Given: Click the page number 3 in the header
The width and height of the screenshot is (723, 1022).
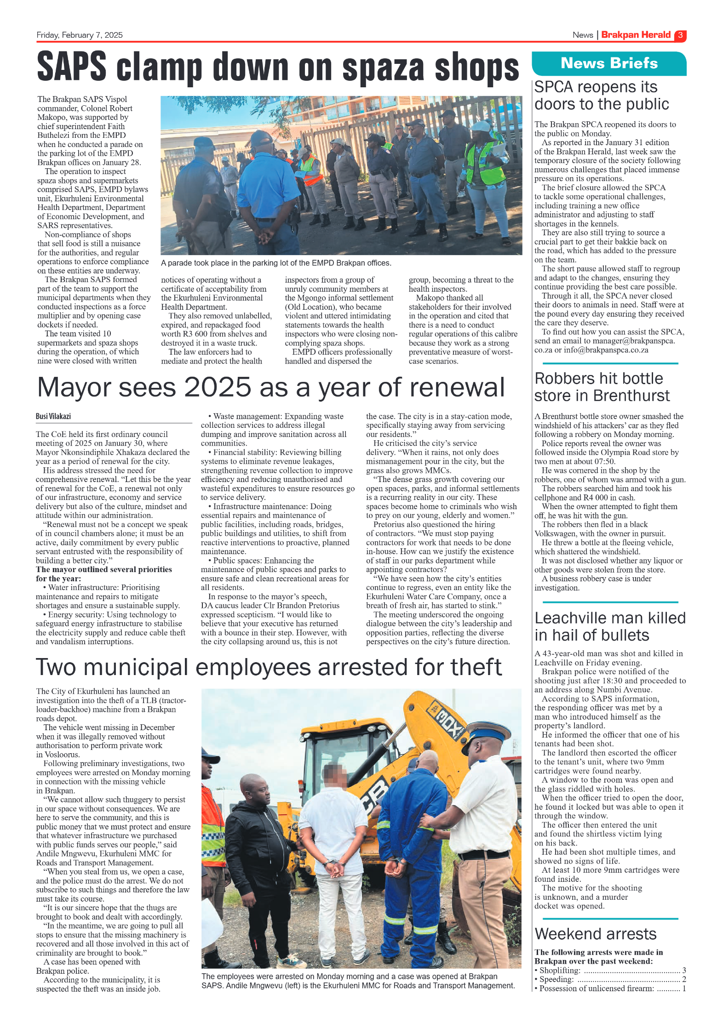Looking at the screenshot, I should (680, 35).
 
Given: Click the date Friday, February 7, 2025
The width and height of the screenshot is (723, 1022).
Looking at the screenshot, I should (80, 35).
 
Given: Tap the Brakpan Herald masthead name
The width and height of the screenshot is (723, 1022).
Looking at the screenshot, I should (636, 35).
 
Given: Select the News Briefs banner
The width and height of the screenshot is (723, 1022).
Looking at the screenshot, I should (608, 63).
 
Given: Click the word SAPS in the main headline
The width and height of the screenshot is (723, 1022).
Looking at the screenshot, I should (72, 68).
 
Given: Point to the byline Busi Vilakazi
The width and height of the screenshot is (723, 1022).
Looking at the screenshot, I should (53, 416).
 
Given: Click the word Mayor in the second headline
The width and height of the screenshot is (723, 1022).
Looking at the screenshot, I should (73, 387).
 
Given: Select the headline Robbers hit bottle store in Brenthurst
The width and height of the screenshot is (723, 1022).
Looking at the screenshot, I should (602, 387).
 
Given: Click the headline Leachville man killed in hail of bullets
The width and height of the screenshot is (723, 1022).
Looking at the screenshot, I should (609, 626).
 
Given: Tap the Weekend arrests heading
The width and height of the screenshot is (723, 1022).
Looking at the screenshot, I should (596, 934).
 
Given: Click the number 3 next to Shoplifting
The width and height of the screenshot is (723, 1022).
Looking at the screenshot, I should (684, 971).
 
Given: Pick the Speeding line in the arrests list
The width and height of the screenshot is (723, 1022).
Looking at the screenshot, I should (609, 979).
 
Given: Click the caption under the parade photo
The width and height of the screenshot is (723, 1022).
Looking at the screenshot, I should (276, 263).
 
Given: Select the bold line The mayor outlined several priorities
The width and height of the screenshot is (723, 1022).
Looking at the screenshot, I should (104, 569).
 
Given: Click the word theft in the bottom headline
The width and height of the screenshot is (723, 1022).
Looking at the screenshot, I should (476, 668).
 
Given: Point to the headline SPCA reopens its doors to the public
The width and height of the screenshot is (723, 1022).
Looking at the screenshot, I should (601, 96).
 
